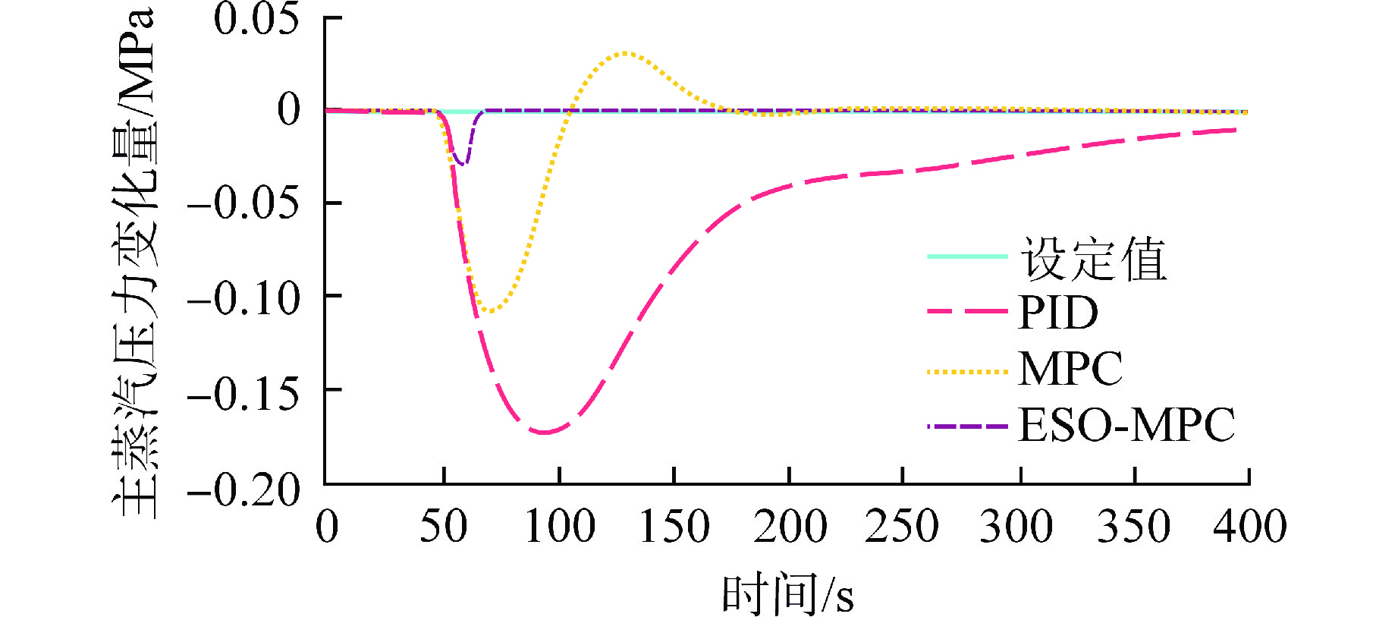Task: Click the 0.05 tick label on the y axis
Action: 256,19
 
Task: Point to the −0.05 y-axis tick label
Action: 243,203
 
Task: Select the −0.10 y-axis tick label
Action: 243,297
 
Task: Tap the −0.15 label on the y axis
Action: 243,392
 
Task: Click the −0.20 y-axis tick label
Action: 243,490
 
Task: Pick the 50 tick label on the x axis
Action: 443,526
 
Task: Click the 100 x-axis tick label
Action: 560,526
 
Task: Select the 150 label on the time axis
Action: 674,526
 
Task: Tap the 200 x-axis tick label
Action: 790,526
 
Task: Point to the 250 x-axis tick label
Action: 902,526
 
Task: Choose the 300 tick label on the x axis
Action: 1016,526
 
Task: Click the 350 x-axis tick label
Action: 1134,526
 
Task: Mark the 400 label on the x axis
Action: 1249,526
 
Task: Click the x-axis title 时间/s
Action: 787,593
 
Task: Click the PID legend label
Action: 1058,312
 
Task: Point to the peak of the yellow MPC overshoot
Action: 625,52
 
